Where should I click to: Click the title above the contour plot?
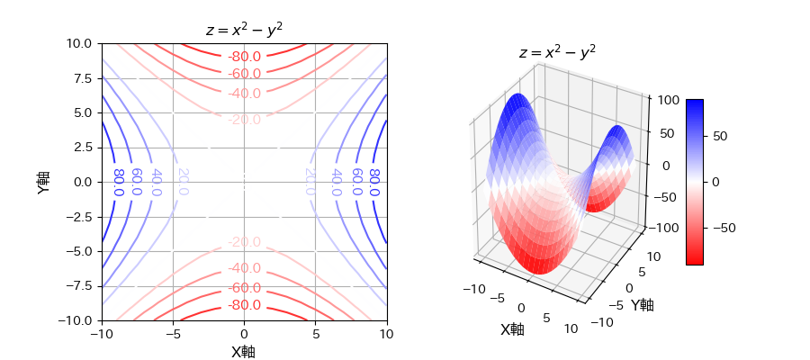click(244, 30)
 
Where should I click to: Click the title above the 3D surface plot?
click(557, 52)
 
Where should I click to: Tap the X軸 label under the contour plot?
click(244, 352)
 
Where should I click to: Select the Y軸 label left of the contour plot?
click(43, 182)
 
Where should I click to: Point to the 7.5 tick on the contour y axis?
click(81, 78)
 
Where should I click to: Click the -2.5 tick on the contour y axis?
click(78, 216)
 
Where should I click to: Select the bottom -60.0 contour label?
click(244, 288)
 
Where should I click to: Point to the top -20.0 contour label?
click(244, 119)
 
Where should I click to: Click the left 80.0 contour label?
click(118, 182)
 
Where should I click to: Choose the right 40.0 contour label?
click(336, 182)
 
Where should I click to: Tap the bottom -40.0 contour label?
click(244, 268)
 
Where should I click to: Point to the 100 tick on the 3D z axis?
click(667, 101)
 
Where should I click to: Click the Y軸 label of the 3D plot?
click(642, 304)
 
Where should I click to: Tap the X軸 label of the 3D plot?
click(512, 329)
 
